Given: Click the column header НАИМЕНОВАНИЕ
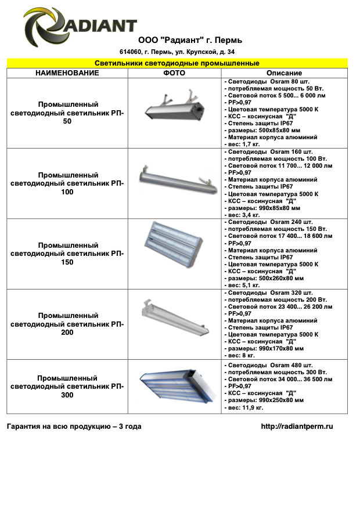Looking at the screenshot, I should [67, 73].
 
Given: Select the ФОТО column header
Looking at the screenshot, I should [174, 73].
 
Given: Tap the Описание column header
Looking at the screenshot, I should [284, 73].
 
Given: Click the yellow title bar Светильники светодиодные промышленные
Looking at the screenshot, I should [177, 63].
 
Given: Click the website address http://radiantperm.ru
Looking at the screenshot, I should [297, 426].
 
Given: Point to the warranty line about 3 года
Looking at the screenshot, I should [74, 426].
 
